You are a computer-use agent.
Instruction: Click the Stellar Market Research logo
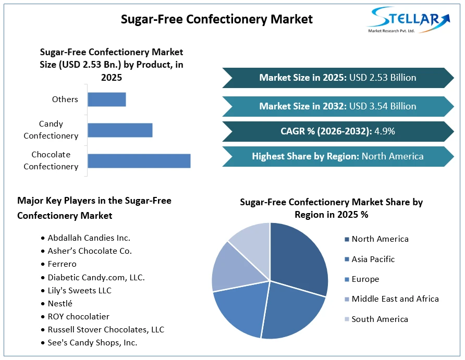tap(409, 20)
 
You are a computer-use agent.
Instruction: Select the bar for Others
tap(107, 100)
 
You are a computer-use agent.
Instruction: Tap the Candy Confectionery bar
tap(120, 130)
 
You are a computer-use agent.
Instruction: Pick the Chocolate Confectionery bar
tap(139, 161)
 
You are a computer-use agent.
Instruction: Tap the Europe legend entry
tap(362, 279)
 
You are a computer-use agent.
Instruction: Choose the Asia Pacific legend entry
tap(370, 259)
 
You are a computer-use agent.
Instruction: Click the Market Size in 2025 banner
tap(338, 78)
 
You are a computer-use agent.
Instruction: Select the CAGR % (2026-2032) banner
tap(338, 131)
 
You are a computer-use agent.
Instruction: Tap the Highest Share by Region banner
tap(338, 156)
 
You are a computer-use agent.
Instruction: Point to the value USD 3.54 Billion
tap(383, 106)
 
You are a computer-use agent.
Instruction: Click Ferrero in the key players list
tap(62, 264)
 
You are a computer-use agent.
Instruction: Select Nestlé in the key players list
tap(60, 303)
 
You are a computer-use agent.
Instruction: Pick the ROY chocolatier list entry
tap(78, 316)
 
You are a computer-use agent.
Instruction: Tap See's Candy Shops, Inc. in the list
tap(92, 343)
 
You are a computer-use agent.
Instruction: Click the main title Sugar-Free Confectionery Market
tap(217, 19)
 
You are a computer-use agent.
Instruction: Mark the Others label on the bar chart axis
tap(65, 100)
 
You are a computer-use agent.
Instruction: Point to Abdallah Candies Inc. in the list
tap(89, 238)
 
